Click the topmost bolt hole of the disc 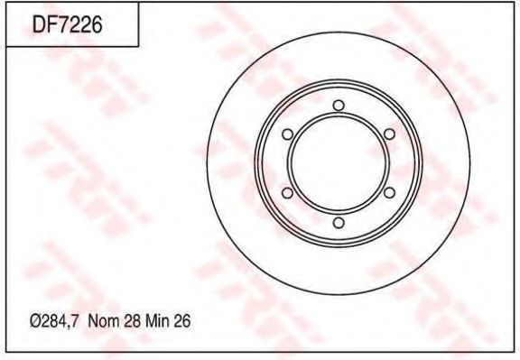tap(338, 106)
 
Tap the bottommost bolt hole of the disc tap(338, 222)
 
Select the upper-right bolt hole tap(389, 134)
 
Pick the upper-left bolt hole tap(286, 134)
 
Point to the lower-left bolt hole tap(286, 193)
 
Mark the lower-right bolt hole tap(389, 193)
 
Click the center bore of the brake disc tap(338, 163)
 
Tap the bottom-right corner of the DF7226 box tap(137, 46)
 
